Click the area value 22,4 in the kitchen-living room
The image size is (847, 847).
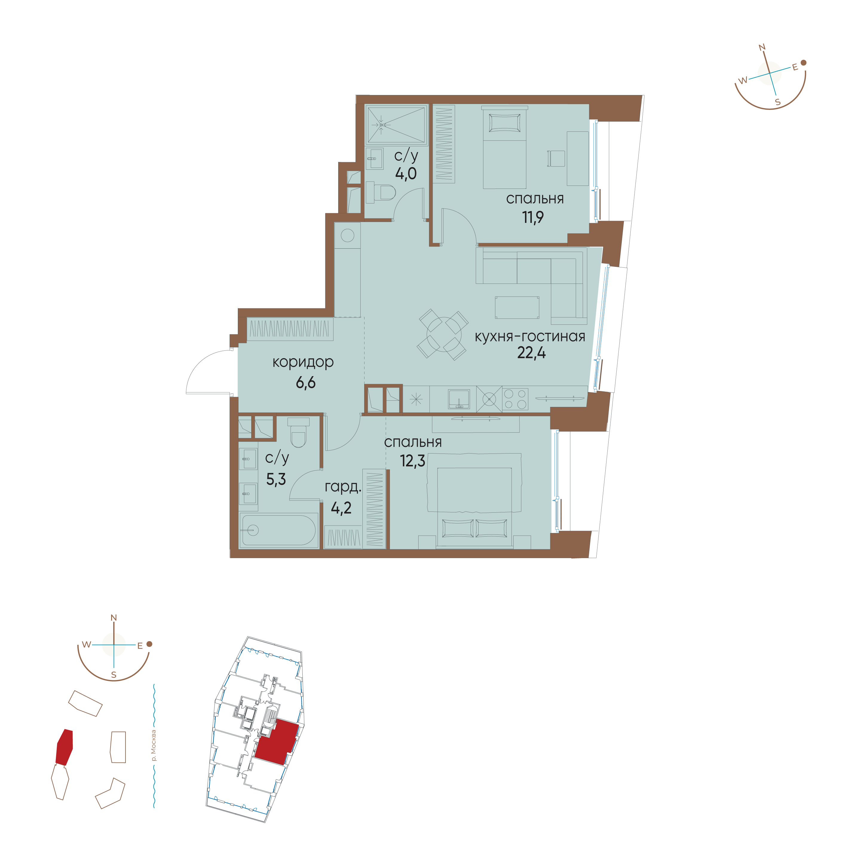tap(531, 353)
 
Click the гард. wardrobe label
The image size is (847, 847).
tap(343, 487)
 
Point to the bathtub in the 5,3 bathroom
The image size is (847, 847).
tap(278, 530)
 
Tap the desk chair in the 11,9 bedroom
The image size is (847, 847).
tap(556, 158)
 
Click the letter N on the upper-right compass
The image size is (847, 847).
tap(762, 47)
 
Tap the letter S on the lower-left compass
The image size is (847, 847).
tap(114, 675)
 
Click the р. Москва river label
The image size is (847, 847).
tap(153, 745)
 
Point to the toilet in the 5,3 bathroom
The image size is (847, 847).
tap(298, 433)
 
